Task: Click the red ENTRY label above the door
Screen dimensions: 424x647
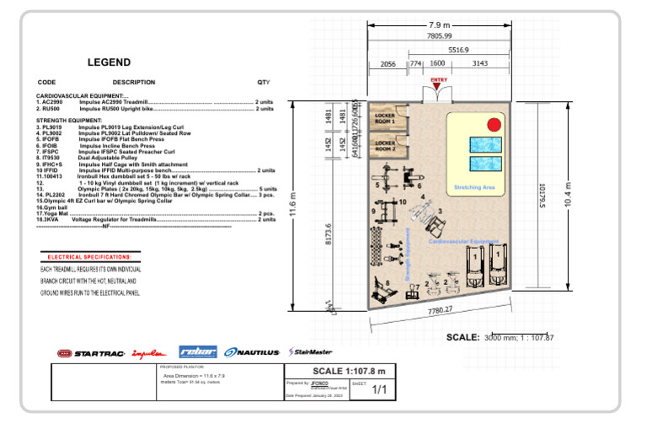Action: [439, 80]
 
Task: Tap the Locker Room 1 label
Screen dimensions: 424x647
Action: [385, 119]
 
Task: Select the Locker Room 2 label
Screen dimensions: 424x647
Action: [385, 145]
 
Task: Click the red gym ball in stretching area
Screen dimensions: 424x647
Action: [495, 125]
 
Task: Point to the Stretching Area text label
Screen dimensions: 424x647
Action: [473, 187]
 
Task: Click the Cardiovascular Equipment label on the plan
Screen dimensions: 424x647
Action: [464, 241]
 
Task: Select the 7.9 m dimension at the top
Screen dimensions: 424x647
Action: [439, 24]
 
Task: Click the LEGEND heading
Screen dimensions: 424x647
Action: [109, 62]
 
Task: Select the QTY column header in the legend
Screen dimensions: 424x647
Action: [264, 83]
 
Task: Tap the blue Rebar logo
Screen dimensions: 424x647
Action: [199, 352]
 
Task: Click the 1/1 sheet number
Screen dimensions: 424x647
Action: [379, 389]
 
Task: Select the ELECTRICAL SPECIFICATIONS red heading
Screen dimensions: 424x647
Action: [90, 256]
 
